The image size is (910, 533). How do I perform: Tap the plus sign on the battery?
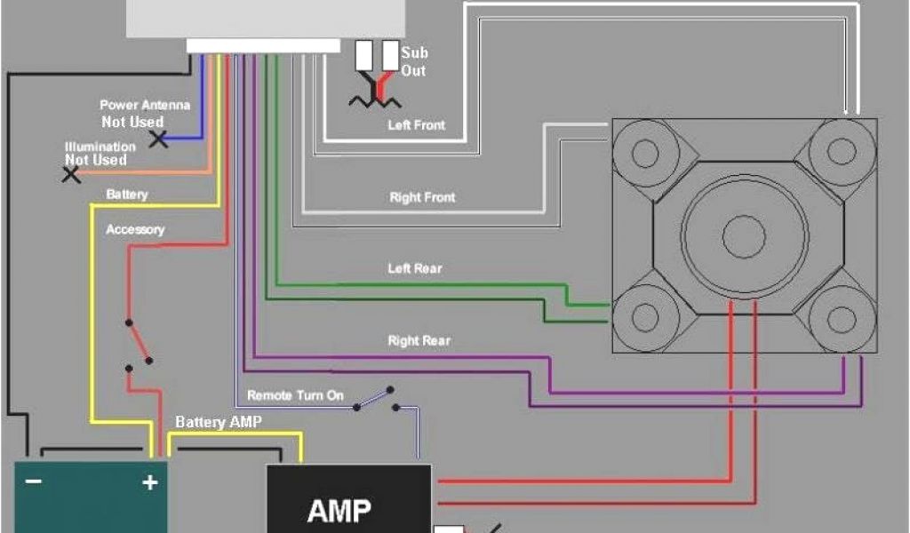pos(150,482)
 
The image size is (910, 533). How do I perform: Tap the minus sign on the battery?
pos(34,481)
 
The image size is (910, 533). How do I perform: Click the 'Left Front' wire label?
pos(416,125)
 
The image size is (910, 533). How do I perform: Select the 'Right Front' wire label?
pos(422,197)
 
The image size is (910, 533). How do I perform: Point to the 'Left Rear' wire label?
pos(414,267)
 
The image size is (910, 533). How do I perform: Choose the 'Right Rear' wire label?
pos(419,340)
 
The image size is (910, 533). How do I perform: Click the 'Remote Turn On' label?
pos(295,395)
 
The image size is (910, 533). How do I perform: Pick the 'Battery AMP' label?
pos(219,422)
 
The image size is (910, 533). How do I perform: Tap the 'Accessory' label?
pos(135,229)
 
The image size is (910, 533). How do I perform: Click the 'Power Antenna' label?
pos(144,105)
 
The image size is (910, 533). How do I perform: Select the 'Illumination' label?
pos(100,147)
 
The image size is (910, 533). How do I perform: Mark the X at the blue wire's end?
pos(158,139)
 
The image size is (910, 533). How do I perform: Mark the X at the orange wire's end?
pos(71,174)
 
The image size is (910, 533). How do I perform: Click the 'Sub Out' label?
pos(413,62)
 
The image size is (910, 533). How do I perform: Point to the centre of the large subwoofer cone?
pos(744,235)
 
